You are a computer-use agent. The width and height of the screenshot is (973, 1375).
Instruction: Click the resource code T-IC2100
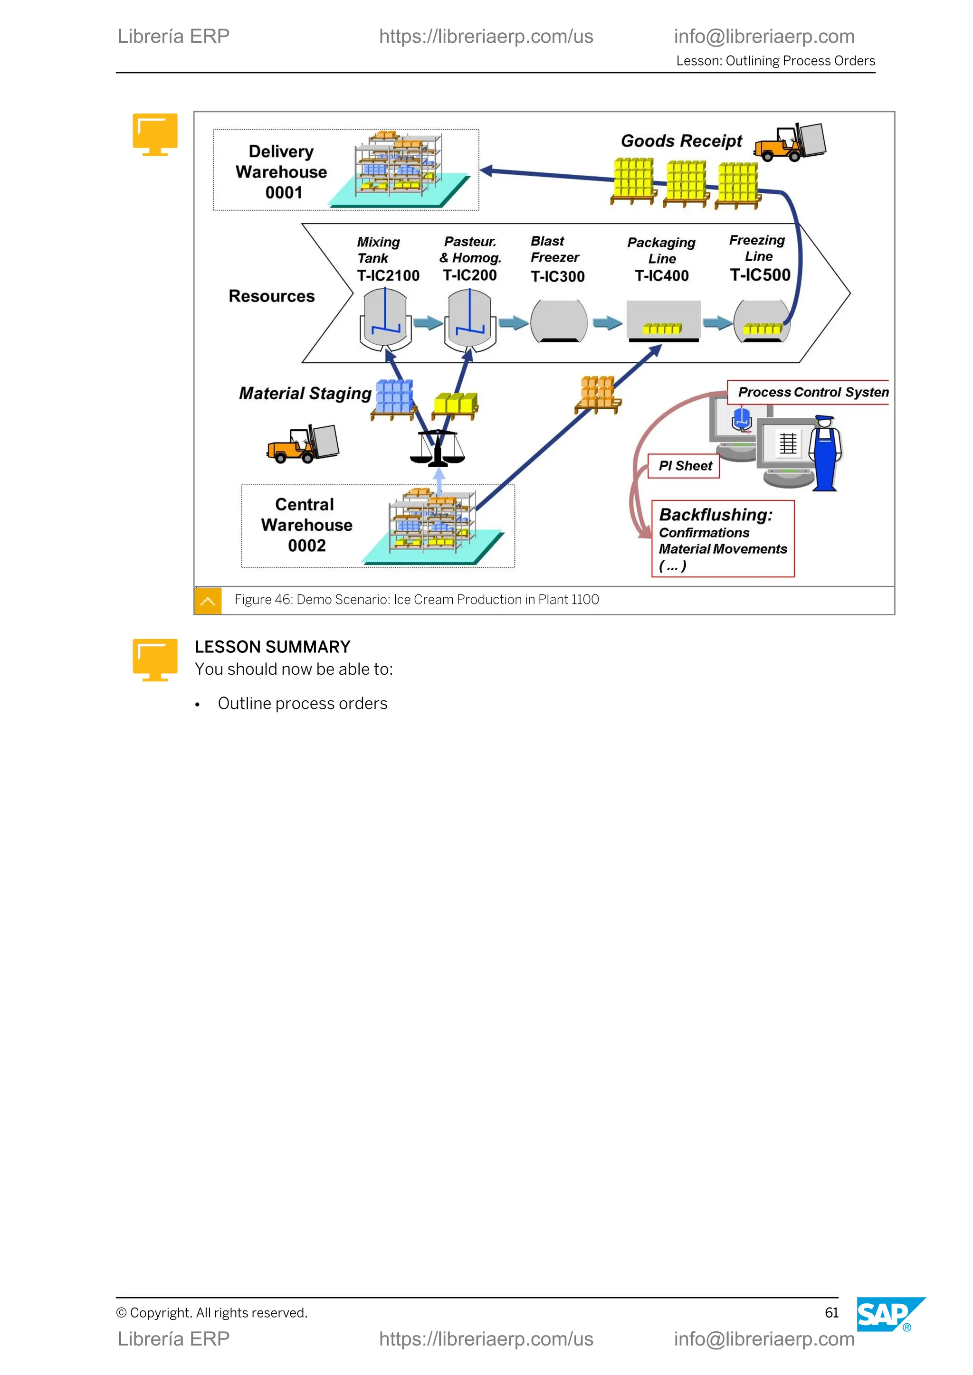pos(388,275)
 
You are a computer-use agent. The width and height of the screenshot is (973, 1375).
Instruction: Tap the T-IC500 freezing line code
pos(760,275)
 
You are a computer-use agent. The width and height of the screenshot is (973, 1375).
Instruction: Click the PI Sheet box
pos(685,466)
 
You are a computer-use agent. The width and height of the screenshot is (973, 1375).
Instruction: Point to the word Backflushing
pos(715,515)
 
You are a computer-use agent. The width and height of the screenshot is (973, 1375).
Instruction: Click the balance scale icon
pos(438,448)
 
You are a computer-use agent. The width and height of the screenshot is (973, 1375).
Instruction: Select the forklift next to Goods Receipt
pos(790,142)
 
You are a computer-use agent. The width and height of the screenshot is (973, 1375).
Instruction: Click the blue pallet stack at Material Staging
pos(394,398)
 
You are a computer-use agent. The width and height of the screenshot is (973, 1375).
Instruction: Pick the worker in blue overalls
pos(825,453)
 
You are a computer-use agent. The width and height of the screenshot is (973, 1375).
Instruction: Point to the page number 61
pos(831,1313)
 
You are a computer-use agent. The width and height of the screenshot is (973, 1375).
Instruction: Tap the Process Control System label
pos(812,392)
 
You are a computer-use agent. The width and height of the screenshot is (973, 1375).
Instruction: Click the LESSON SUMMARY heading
pos(272,647)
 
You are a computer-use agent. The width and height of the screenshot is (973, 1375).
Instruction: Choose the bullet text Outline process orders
pos(303,703)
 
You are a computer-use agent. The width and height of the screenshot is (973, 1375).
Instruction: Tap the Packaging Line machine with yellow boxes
pos(663,320)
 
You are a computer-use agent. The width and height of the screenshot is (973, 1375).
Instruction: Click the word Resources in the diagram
pos(271,296)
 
